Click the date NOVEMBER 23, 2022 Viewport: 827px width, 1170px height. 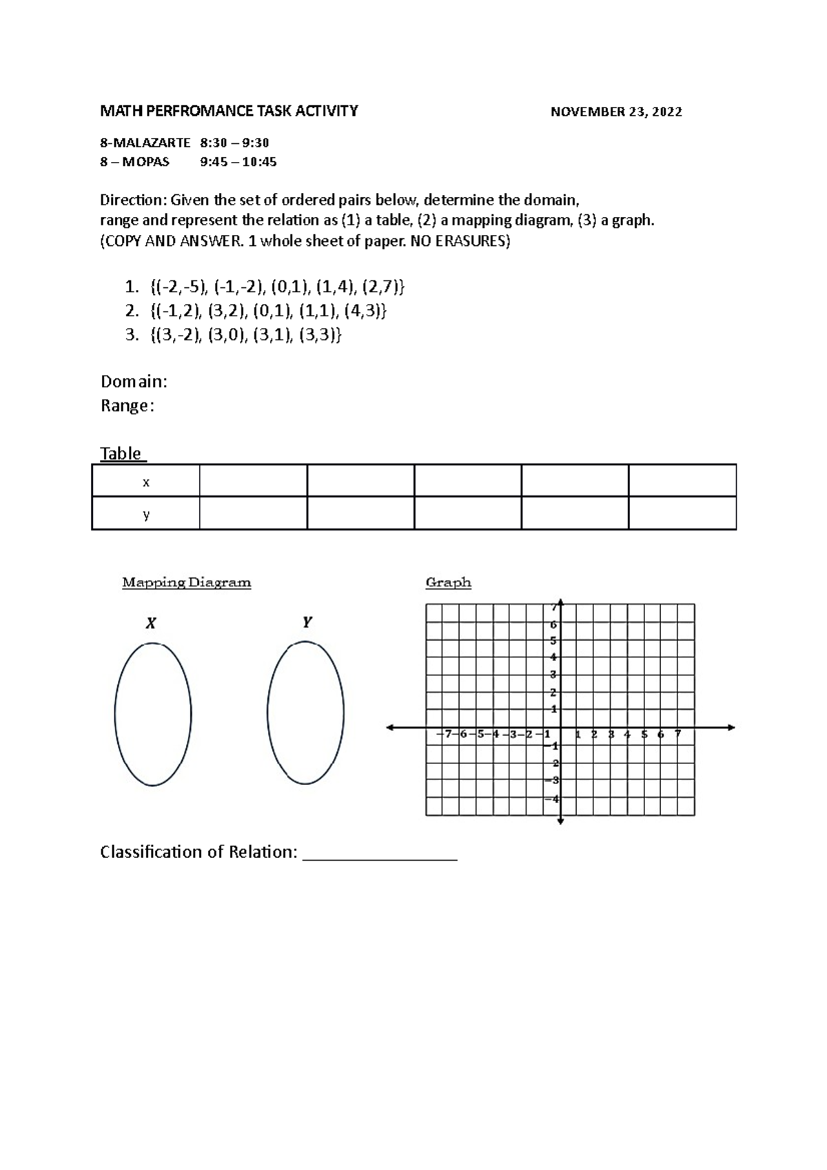click(x=616, y=112)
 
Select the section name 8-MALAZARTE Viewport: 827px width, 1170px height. click(x=145, y=143)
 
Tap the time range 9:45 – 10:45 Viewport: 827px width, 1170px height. click(x=238, y=163)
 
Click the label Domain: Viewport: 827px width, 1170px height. click(x=134, y=382)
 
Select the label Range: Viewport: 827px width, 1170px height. click(x=127, y=406)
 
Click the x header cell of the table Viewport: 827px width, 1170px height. click(x=145, y=482)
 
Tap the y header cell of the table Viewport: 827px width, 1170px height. click(x=145, y=515)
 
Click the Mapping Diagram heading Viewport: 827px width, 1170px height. click(x=186, y=583)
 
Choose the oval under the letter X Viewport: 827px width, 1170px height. click(x=152, y=714)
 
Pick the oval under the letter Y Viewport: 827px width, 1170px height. click(x=305, y=712)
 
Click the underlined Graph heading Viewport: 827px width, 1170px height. click(x=448, y=583)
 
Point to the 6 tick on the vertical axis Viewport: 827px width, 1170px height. click(x=553, y=625)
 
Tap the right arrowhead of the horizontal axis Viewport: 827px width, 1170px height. click(x=731, y=728)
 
